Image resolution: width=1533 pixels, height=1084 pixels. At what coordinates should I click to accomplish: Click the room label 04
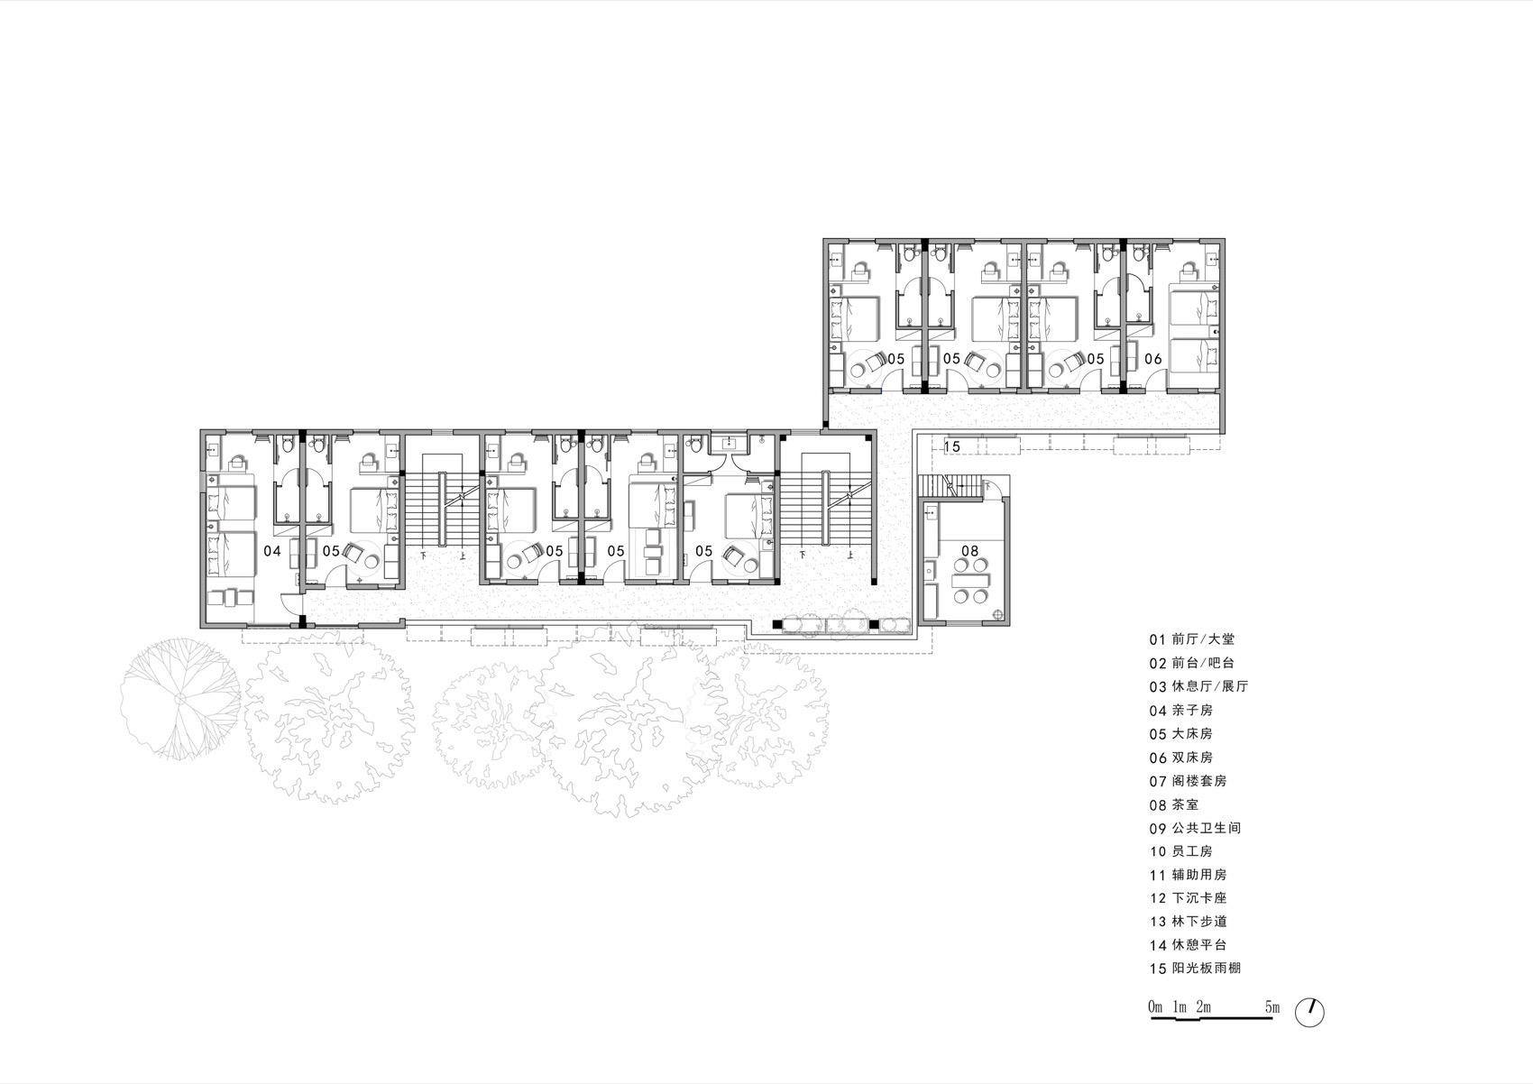tap(271, 550)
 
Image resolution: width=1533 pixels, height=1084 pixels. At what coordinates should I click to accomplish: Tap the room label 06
tap(1153, 359)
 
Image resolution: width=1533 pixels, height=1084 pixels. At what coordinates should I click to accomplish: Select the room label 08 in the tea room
tap(969, 550)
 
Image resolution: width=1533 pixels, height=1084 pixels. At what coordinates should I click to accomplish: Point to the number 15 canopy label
tap(952, 446)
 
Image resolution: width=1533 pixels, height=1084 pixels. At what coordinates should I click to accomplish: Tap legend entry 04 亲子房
tap(1180, 711)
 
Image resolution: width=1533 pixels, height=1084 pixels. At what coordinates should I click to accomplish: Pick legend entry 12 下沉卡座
tap(1188, 898)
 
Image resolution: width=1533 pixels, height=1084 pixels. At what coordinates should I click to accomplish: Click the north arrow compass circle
tap(1310, 1012)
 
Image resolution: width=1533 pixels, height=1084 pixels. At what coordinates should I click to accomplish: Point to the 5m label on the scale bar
tap(1271, 1006)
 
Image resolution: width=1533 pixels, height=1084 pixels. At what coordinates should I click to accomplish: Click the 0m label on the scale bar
tap(1155, 1006)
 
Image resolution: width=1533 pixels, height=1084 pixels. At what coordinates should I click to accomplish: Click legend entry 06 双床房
tap(1180, 758)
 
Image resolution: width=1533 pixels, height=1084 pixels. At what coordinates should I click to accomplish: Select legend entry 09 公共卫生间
tap(1195, 828)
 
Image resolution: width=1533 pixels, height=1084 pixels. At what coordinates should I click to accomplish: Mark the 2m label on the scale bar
tap(1203, 1006)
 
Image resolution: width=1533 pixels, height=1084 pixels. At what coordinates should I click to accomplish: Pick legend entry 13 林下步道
tap(1188, 922)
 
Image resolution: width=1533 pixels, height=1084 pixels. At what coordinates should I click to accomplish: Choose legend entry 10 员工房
tap(1180, 851)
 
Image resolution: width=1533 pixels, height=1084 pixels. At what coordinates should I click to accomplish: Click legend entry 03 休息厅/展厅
tap(1198, 686)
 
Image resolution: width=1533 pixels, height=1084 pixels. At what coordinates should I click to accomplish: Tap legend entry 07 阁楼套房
tap(1188, 781)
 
